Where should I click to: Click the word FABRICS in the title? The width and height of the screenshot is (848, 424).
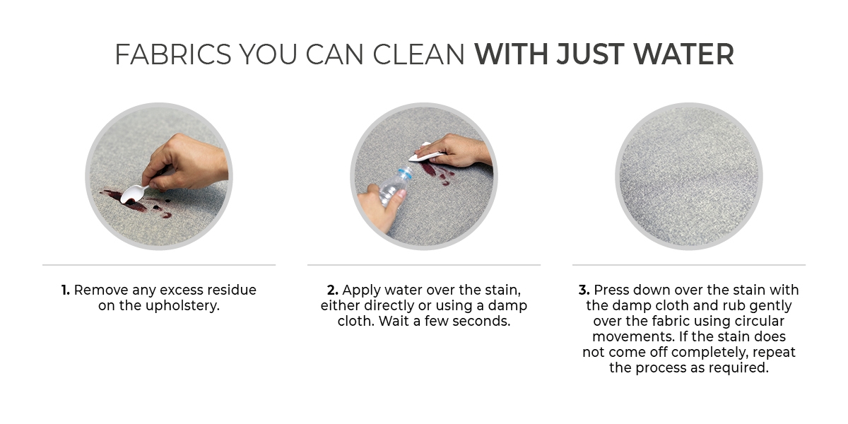[172, 54]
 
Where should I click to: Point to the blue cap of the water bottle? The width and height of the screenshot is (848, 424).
[406, 173]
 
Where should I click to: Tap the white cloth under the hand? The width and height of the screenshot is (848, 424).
[424, 153]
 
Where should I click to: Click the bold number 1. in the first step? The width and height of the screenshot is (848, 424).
[66, 290]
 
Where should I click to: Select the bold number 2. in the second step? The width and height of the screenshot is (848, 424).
[332, 290]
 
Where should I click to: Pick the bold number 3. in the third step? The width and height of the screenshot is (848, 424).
[584, 290]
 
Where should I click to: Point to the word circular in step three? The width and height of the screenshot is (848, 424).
[760, 321]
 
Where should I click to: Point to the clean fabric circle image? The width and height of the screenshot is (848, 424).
[689, 177]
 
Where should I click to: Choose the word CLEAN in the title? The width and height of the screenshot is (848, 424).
[418, 54]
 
